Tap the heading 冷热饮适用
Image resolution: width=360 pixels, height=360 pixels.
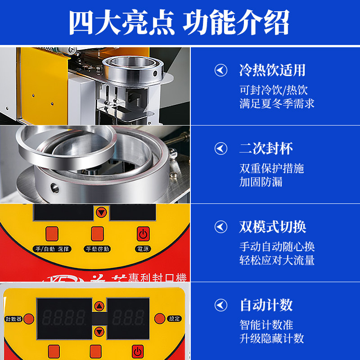pos(272,71)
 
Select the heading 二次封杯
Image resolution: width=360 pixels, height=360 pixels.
pos(266,148)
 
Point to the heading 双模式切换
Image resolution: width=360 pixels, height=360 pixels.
pos(272,227)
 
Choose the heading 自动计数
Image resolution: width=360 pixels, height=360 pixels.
pos(266,305)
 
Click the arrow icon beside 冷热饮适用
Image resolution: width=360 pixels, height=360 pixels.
pos(220,71)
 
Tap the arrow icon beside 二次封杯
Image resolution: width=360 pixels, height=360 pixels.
pos(220,148)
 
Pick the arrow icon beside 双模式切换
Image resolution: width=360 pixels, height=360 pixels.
pos(220,227)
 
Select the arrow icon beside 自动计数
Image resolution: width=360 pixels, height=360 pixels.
pos(220,305)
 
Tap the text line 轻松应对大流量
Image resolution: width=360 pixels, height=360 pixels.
pos(277,260)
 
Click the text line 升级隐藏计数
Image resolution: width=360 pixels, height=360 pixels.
pos(272,338)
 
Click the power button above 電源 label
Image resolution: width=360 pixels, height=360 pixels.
pos(143,234)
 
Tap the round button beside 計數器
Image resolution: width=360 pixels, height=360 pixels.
pos(29,319)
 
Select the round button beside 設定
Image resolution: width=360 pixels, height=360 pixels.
pos(159,319)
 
